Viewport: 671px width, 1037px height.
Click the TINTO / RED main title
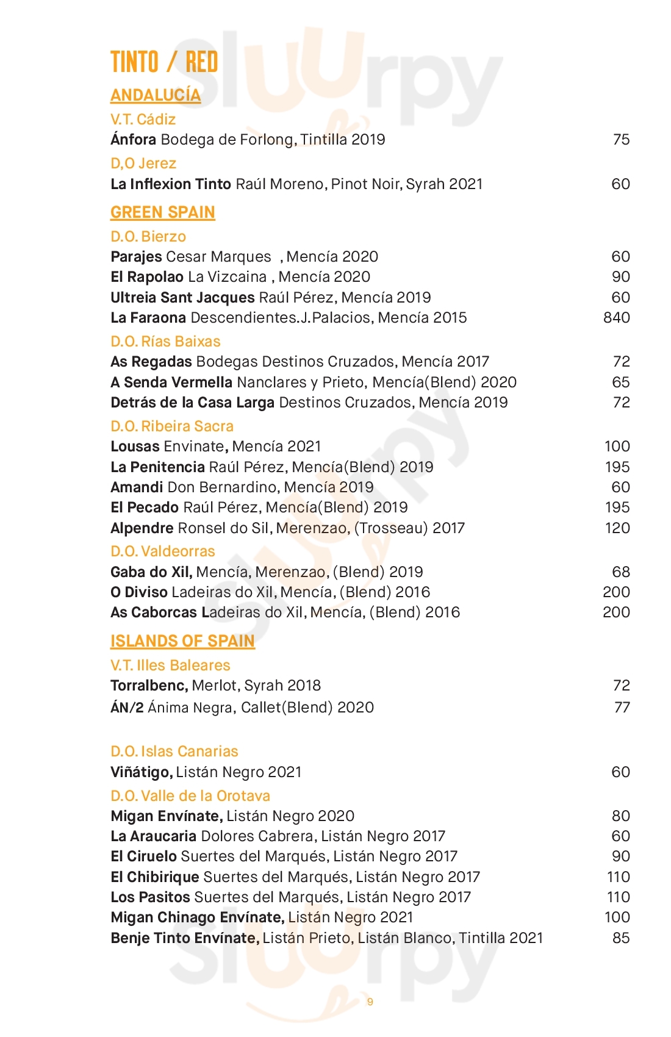pyautogui.click(x=164, y=62)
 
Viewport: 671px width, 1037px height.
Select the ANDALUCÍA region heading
pyautogui.click(x=156, y=95)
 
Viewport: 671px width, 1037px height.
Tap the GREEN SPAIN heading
pyautogui.click(x=162, y=212)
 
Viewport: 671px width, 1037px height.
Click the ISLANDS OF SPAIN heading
pyautogui.click(x=182, y=641)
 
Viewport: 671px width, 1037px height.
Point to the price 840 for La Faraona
pyautogui.click(x=616, y=318)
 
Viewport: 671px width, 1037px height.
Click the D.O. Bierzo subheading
pyautogui.click(x=148, y=237)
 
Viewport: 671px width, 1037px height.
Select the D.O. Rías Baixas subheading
pyautogui.click(x=165, y=342)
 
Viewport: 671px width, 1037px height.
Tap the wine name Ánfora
pyautogui.click(x=134, y=140)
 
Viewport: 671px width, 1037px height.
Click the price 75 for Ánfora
pyautogui.click(x=621, y=140)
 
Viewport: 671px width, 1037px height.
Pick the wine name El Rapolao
pyautogui.click(x=147, y=277)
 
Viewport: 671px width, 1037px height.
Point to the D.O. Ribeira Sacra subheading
pyautogui.click(x=172, y=426)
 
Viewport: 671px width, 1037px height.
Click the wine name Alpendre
pyautogui.click(x=142, y=528)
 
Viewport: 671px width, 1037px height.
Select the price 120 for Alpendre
pyautogui.click(x=617, y=528)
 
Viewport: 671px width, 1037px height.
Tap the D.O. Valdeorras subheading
pyautogui.click(x=163, y=551)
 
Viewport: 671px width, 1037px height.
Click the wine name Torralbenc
pyautogui.click(x=149, y=686)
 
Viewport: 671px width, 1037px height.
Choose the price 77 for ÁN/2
pyautogui.click(x=622, y=708)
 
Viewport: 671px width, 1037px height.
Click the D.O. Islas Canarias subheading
pyautogui.click(x=174, y=752)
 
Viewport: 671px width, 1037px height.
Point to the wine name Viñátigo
pyautogui.click(x=141, y=772)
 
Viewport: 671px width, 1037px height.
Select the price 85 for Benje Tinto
pyautogui.click(x=621, y=938)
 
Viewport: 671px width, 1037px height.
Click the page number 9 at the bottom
pyautogui.click(x=370, y=1002)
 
